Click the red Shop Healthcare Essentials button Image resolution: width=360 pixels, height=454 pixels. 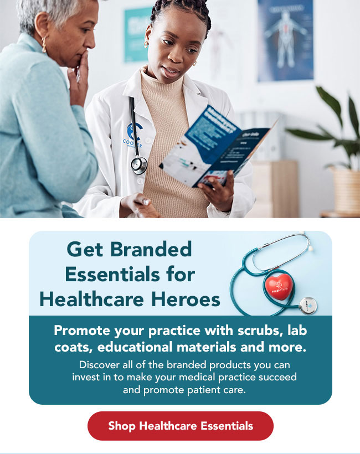coord(181,426)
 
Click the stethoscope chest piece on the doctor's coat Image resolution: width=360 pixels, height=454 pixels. coord(139,164)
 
